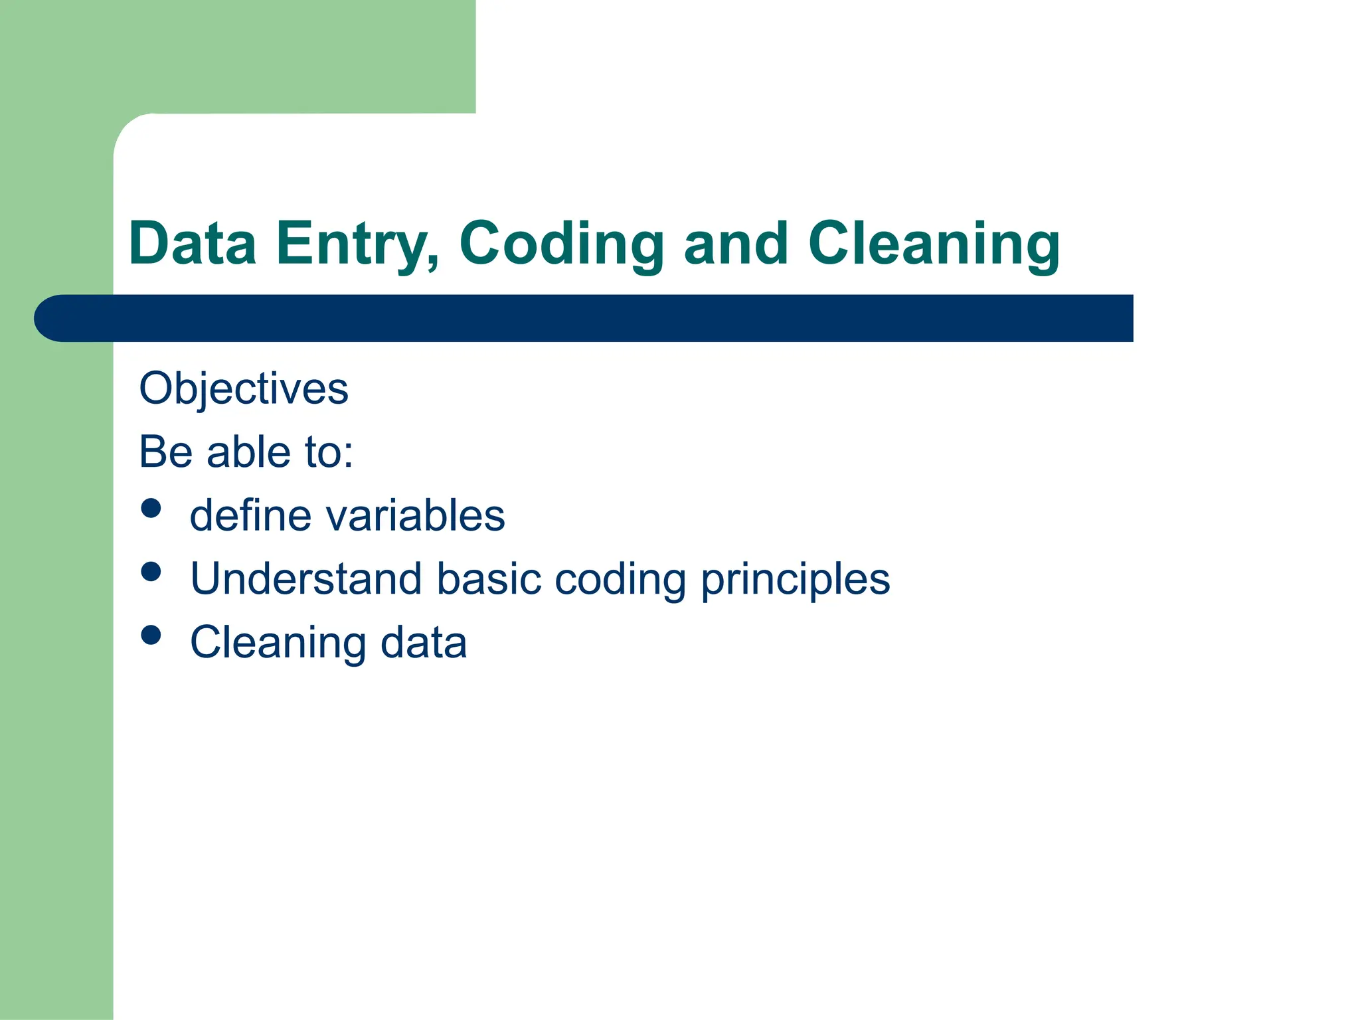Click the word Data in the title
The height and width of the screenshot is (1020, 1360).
click(193, 244)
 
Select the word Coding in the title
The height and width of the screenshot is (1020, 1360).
click(561, 244)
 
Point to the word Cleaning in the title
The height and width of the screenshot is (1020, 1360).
click(933, 244)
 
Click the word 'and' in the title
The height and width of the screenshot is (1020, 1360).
click(736, 244)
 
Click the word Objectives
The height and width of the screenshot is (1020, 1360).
click(243, 388)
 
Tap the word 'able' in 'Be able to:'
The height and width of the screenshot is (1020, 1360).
click(249, 452)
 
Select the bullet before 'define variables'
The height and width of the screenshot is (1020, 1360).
click(151, 508)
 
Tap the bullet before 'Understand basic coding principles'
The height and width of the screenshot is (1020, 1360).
click(151, 572)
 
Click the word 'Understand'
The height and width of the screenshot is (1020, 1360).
click(306, 579)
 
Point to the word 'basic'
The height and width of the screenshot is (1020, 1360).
click(489, 579)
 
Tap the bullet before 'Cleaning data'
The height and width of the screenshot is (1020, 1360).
click(151, 636)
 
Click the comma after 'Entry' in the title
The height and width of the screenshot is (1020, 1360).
click(434, 264)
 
